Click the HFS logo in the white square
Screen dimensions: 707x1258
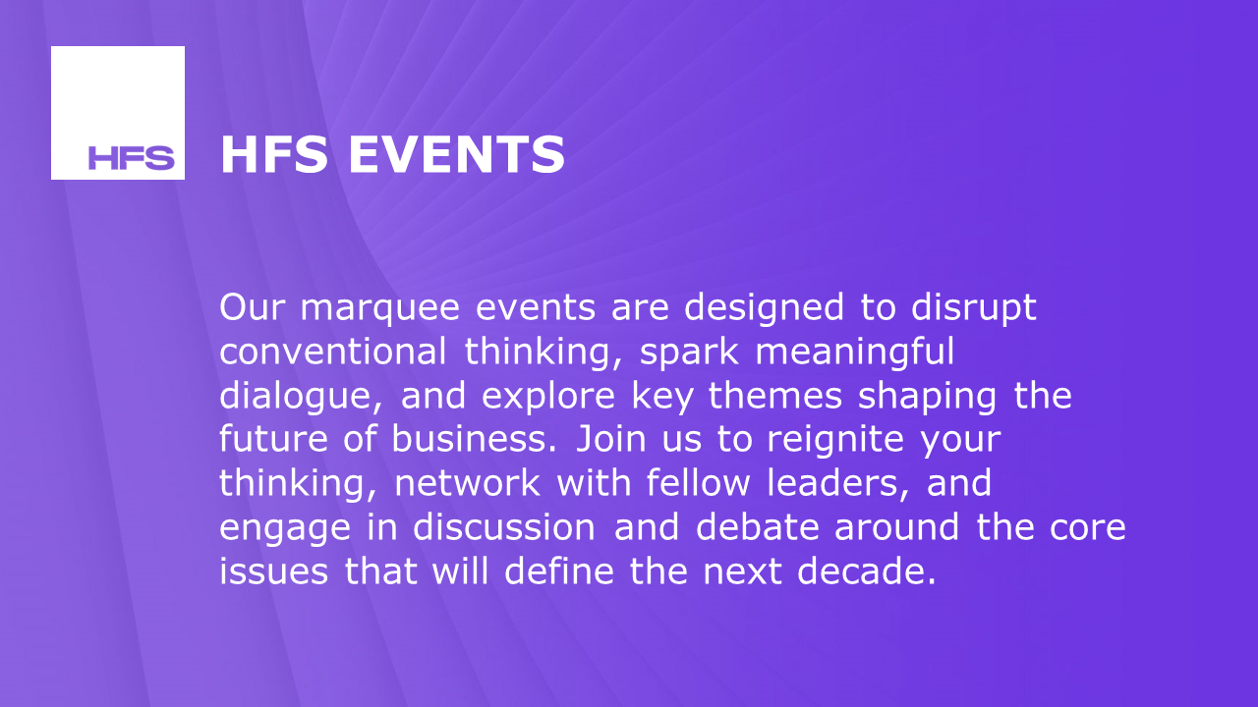point(131,157)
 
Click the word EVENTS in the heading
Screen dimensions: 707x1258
point(457,155)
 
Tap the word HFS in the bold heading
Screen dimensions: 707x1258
point(275,155)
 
